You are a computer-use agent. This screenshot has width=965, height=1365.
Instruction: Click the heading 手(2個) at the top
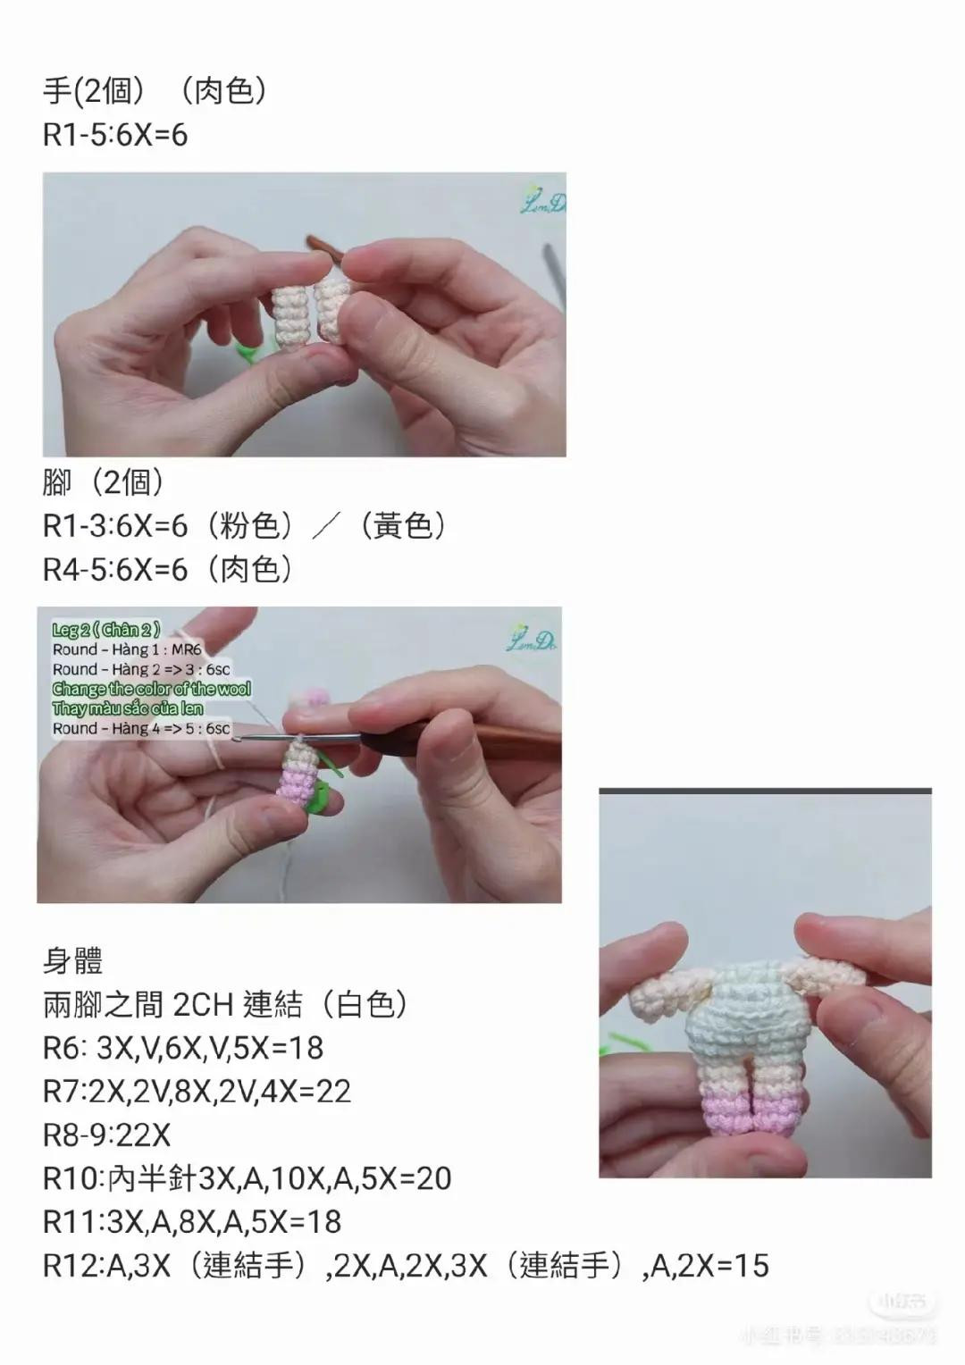pyautogui.click(x=95, y=90)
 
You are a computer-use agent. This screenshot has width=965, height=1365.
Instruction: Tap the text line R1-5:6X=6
pyautogui.click(x=115, y=135)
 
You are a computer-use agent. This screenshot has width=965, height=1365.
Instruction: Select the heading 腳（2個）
pyautogui.click(x=104, y=482)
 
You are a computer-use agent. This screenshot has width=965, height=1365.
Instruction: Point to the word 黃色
pyautogui.click(x=402, y=526)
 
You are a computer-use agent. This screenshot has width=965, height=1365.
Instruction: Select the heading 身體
pyautogui.click(x=73, y=961)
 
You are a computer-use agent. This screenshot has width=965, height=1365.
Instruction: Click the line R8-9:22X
pyautogui.click(x=106, y=1135)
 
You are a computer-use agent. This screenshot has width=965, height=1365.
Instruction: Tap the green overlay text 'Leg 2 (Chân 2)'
pyautogui.click(x=106, y=630)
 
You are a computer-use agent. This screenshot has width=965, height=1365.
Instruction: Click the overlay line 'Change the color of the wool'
pyautogui.click(x=151, y=689)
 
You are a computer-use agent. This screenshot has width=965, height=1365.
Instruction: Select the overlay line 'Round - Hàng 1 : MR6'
pyautogui.click(x=127, y=649)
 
